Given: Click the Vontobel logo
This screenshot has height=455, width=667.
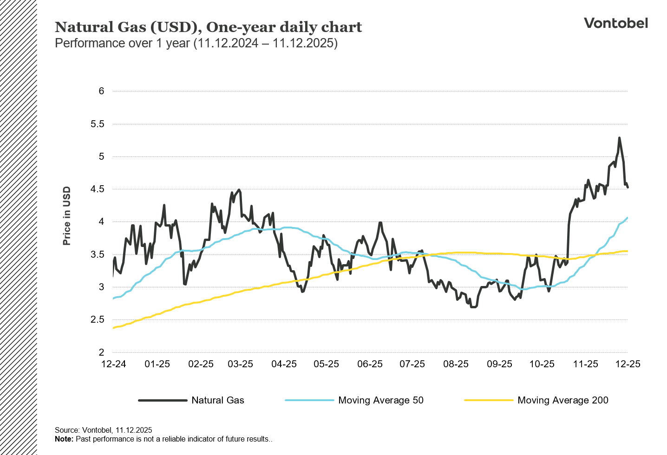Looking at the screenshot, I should [615, 23].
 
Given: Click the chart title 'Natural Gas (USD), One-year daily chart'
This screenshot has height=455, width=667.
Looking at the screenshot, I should [208, 27].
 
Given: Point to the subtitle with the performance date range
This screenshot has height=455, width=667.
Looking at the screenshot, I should [196, 43].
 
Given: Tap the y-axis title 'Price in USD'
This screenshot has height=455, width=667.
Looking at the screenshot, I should [67, 216].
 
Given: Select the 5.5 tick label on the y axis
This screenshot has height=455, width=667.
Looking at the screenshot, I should [98, 124].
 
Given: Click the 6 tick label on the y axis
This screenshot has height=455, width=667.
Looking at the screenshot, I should [101, 91].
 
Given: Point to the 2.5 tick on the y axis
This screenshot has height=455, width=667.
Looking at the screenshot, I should [98, 319].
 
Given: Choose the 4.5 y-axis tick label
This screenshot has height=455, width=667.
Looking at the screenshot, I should [98, 189].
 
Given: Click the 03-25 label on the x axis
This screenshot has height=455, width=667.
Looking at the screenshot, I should [240, 364].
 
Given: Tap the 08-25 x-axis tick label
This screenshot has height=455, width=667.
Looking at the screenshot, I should [456, 364].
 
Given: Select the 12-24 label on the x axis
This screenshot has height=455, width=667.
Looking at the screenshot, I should [113, 364].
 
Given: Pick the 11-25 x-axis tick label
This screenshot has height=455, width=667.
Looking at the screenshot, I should [585, 364].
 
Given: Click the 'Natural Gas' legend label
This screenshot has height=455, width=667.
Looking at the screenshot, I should [217, 400].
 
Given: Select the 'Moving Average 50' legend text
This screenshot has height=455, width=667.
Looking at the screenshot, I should [380, 400].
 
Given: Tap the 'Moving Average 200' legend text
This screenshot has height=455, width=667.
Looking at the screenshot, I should [562, 400].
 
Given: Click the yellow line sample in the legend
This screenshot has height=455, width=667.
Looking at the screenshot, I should [488, 400].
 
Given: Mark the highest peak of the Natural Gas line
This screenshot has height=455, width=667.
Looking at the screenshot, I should [619, 138].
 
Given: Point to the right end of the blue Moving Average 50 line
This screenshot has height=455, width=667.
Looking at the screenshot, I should [628, 218].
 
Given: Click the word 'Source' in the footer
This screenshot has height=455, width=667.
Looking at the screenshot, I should [66, 430].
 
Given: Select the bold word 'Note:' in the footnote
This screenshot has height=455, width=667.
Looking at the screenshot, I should [64, 439].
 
